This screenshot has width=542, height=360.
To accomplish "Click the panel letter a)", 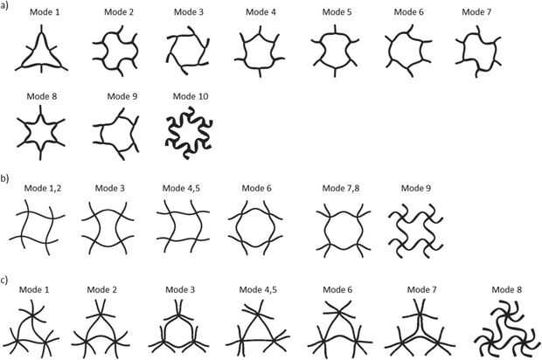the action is pos(6,6).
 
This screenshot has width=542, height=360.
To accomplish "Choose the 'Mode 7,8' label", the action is pos(340,189).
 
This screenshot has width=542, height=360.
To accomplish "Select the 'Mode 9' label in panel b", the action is pos(417,189).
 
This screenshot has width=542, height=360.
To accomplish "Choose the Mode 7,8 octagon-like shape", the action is pos(341,231).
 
